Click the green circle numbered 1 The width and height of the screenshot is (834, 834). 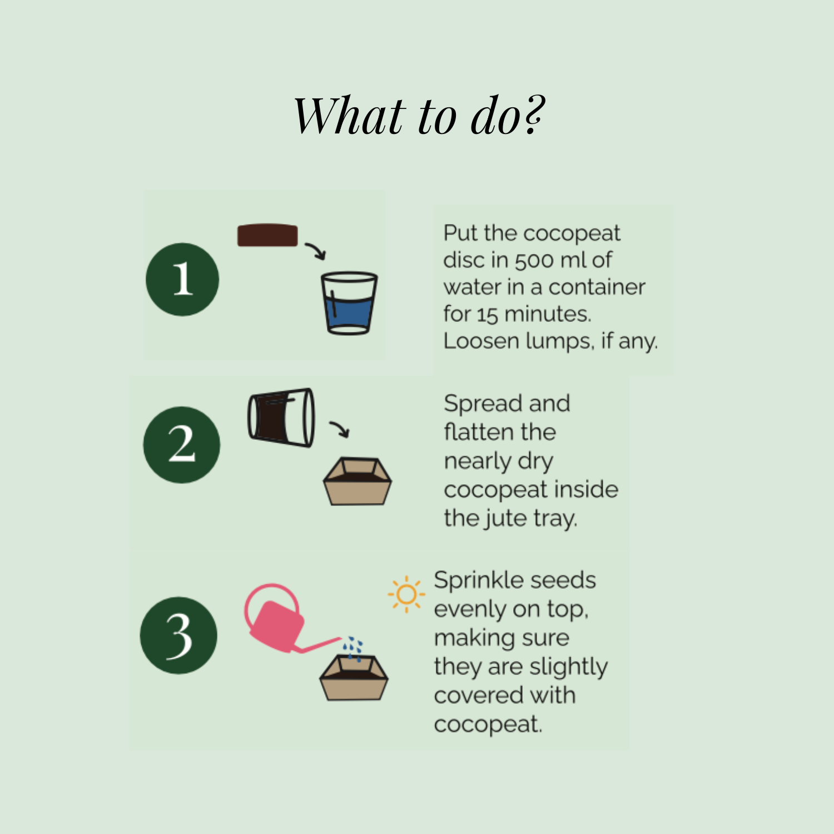tap(182, 280)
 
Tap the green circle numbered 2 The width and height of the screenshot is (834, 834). tap(182, 445)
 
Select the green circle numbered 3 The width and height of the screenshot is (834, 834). tap(179, 636)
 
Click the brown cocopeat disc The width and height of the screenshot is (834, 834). tap(267, 235)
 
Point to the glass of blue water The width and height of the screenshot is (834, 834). tap(349, 303)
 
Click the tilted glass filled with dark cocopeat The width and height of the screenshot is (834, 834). tap(281, 417)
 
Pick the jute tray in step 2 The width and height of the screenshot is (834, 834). tap(358, 481)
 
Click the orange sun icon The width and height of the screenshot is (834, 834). tap(406, 594)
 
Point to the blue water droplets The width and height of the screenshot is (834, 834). tap(353, 648)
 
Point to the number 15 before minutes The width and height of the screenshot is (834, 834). tap(487, 315)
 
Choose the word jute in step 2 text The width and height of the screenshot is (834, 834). tap(505, 518)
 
